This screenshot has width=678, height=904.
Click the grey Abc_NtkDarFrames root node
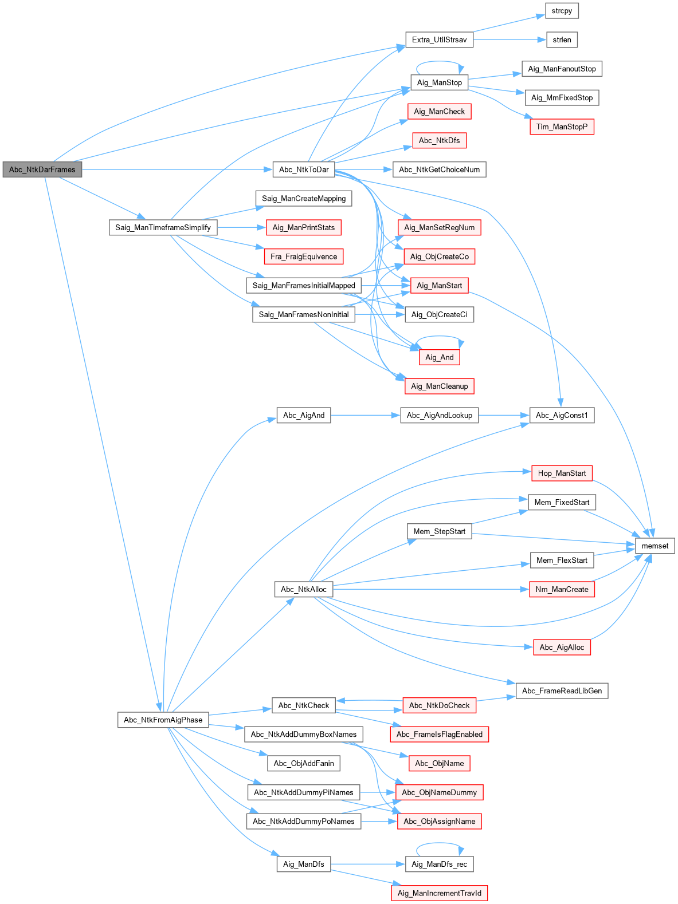click(x=42, y=169)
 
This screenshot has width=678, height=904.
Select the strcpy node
click(x=562, y=11)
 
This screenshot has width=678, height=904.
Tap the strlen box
click(x=562, y=40)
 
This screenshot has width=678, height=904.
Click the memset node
click(x=655, y=546)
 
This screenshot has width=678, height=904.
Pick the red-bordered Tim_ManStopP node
click(x=562, y=127)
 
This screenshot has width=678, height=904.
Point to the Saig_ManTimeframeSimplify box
click(x=163, y=227)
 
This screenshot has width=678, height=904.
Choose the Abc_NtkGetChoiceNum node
click(x=439, y=169)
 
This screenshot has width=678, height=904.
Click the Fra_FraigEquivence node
click(x=304, y=256)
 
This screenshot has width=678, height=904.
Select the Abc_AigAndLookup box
click(x=439, y=415)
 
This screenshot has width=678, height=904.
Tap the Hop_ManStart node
click(x=562, y=473)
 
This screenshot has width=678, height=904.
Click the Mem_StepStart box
click(x=439, y=531)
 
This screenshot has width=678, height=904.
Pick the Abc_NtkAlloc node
click(x=304, y=589)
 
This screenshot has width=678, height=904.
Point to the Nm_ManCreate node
click(x=562, y=589)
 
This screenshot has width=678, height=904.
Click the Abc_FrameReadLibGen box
click(x=562, y=690)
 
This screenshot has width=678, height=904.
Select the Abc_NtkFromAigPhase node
click(x=163, y=720)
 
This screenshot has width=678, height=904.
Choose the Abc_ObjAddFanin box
click(x=304, y=763)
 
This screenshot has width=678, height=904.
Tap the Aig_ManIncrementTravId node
click(x=439, y=893)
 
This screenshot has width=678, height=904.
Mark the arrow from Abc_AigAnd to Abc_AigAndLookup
click(x=365, y=415)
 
